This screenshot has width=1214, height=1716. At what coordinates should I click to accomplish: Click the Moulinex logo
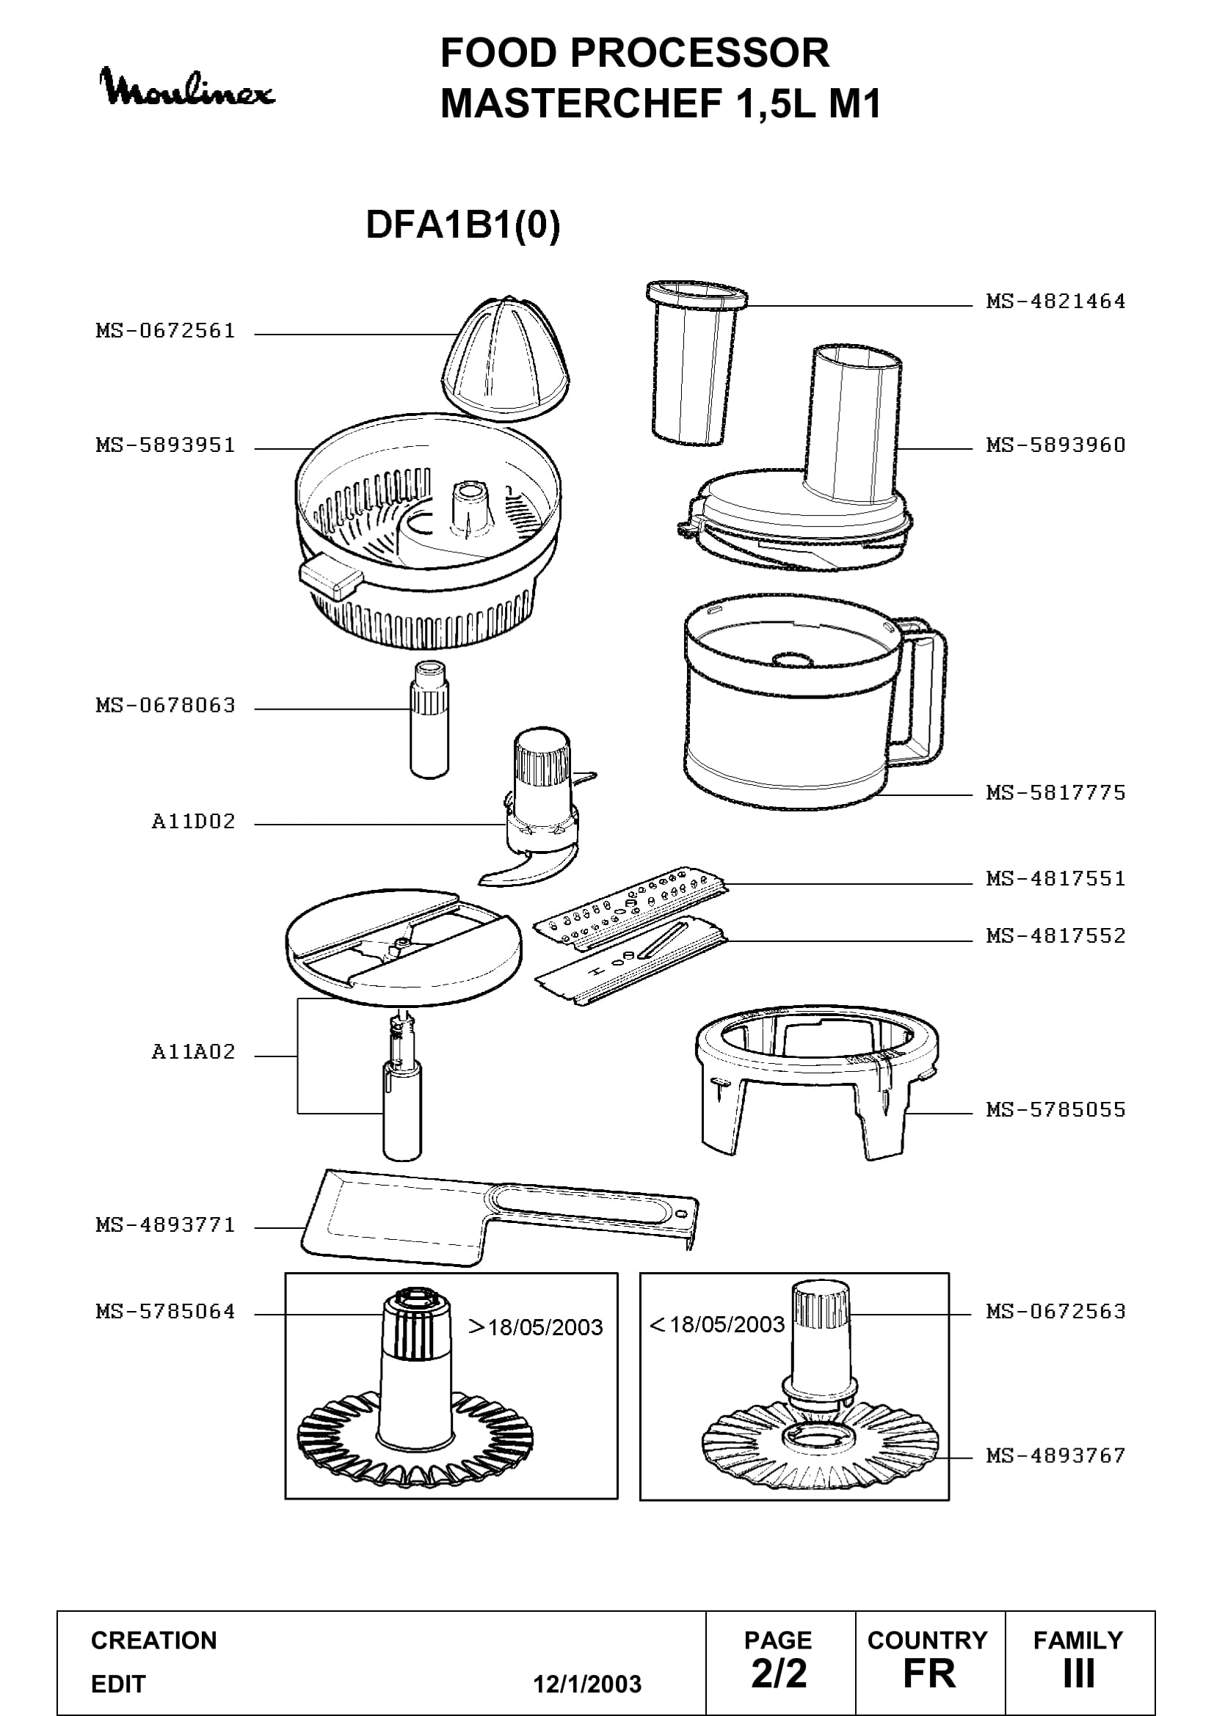[188, 87]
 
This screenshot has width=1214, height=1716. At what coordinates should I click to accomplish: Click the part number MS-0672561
[165, 330]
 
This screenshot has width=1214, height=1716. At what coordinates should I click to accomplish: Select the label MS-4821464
[1055, 302]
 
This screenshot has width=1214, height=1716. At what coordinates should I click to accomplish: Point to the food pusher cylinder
[696, 363]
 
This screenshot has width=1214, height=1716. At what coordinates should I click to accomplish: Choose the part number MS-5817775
[1055, 792]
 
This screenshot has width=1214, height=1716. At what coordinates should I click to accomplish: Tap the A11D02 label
[194, 822]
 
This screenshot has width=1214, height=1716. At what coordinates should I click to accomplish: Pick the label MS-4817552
[1055, 935]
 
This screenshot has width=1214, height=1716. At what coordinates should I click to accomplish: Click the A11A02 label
[194, 1051]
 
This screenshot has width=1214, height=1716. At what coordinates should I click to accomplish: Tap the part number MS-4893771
[165, 1224]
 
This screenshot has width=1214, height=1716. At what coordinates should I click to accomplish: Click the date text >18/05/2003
[535, 1327]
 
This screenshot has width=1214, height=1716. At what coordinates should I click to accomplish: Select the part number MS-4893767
[1055, 1455]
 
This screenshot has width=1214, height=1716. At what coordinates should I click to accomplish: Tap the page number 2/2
[779, 1673]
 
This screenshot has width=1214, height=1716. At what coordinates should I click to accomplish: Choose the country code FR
[929, 1673]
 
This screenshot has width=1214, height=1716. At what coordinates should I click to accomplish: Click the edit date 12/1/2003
[587, 1684]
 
